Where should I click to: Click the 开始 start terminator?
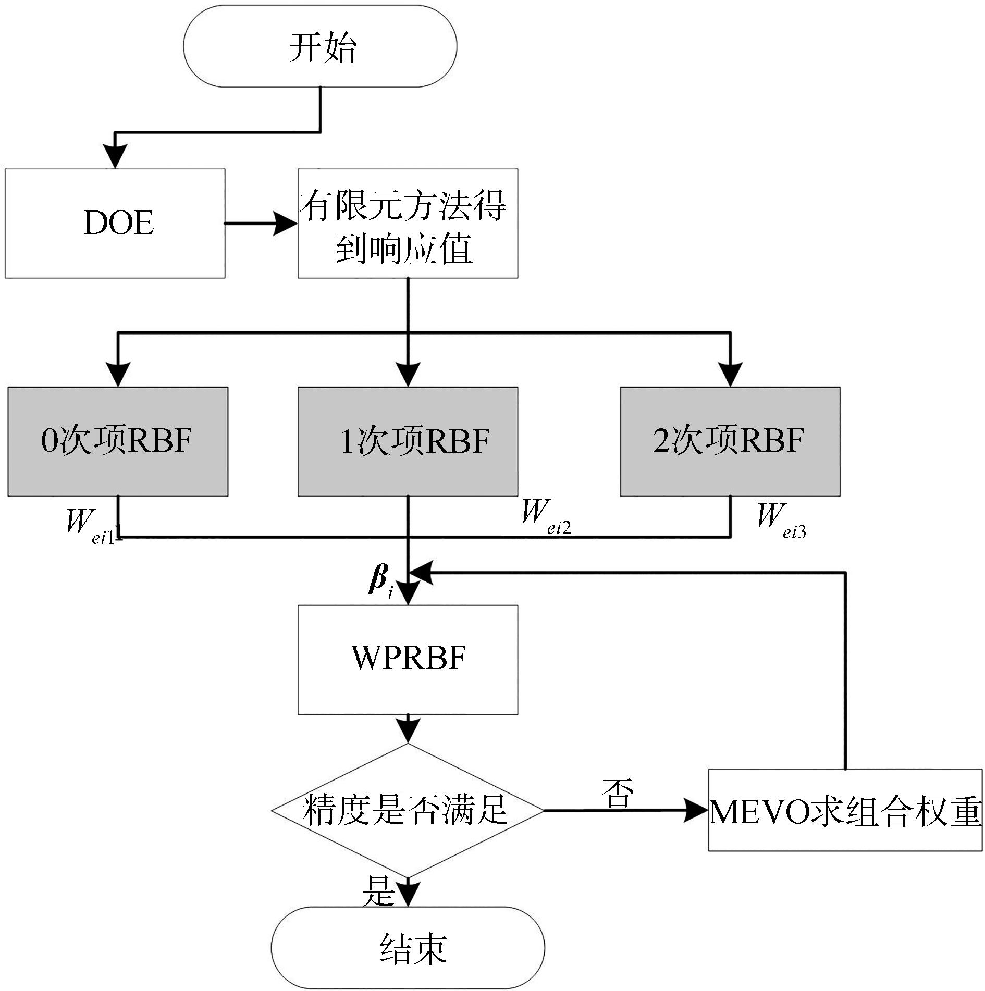point(320,46)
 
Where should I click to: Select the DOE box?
point(115,223)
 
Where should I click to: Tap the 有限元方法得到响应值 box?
point(408,223)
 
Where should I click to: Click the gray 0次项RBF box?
point(118,441)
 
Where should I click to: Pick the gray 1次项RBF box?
point(408,441)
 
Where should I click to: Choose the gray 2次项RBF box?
point(730,441)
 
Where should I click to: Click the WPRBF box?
point(408,659)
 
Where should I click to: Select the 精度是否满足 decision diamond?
point(408,811)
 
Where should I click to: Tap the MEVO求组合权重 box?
point(845,811)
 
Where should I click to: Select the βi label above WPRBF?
point(380,581)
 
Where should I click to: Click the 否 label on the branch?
point(618,793)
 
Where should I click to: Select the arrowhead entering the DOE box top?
point(115,157)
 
